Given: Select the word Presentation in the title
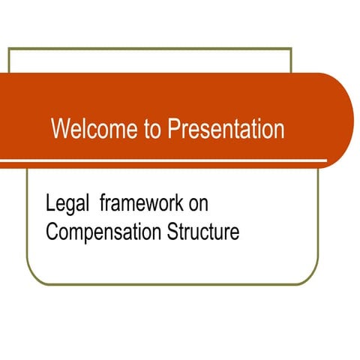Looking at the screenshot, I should coord(226,129).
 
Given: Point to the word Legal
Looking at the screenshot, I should coord(66,202).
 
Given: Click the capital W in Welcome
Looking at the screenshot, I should coord(59,129).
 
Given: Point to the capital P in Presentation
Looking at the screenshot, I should coord(173,129).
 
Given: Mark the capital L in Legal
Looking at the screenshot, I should coord(49,202).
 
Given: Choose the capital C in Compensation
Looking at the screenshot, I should coord(51,232).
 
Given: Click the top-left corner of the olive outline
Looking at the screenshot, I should coord(9,49).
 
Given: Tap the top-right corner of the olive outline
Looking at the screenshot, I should coord(290,49).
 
